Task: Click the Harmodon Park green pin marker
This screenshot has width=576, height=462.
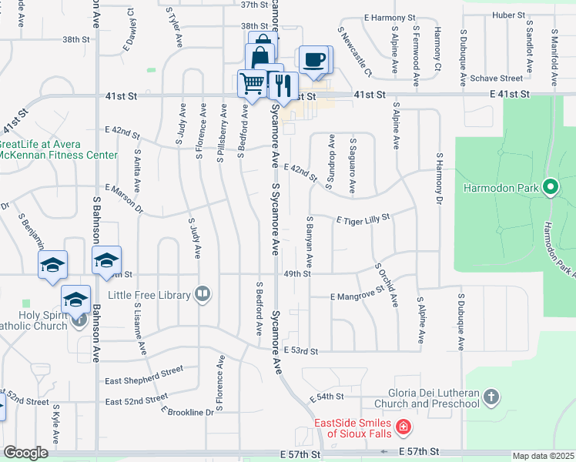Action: click(550, 187)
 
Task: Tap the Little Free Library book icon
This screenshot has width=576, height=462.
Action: click(203, 293)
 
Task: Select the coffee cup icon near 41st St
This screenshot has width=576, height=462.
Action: click(312, 61)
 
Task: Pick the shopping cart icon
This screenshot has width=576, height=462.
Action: click(252, 82)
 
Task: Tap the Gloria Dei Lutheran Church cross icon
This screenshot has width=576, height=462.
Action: click(491, 397)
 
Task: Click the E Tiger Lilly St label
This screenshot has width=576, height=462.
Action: click(363, 219)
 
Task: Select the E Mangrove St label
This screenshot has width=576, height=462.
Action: click(357, 294)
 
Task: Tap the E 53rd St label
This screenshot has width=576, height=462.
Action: click(300, 351)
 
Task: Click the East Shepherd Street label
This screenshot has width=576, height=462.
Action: click(144, 375)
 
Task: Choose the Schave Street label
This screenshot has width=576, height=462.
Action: click(497, 79)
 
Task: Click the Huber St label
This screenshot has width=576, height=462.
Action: click(508, 15)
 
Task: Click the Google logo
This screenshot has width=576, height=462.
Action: click(25, 453)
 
